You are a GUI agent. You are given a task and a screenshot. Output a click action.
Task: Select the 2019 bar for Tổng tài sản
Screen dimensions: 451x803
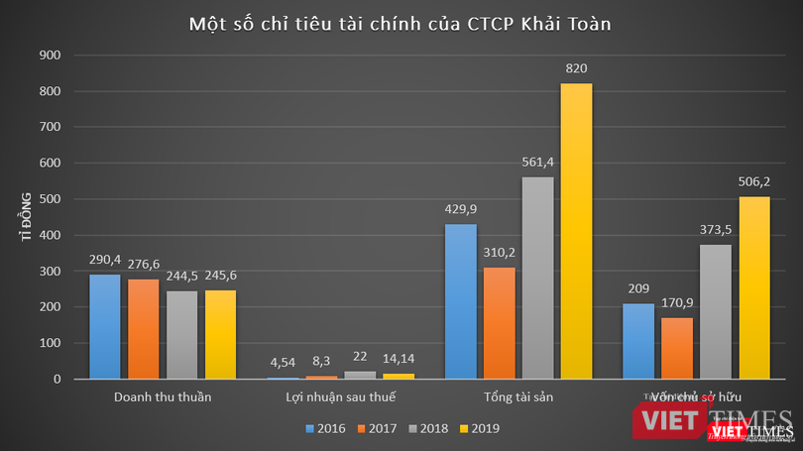pyautogui.click(x=577, y=230)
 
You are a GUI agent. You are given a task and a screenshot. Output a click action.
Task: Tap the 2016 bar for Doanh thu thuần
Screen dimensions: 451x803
pyautogui.click(x=104, y=326)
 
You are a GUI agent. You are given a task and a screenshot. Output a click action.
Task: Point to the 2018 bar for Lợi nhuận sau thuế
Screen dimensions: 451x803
pyautogui.click(x=359, y=375)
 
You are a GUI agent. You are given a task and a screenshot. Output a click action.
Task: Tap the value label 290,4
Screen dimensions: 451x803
pyautogui.click(x=104, y=260)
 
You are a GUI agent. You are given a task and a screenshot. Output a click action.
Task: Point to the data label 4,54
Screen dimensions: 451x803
pyautogui.click(x=282, y=364)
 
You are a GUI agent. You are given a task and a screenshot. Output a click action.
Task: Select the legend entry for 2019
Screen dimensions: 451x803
pyautogui.click(x=480, y=429)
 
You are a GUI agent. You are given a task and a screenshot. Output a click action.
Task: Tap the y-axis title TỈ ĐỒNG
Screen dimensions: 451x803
pyautogui.click(x=28, y=217)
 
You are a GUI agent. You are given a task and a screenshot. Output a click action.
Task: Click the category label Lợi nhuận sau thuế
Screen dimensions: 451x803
pyautogui.click(x=340, y=398)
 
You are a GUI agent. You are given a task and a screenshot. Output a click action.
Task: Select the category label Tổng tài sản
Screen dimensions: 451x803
pyautogui.click(x=517, y=398)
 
